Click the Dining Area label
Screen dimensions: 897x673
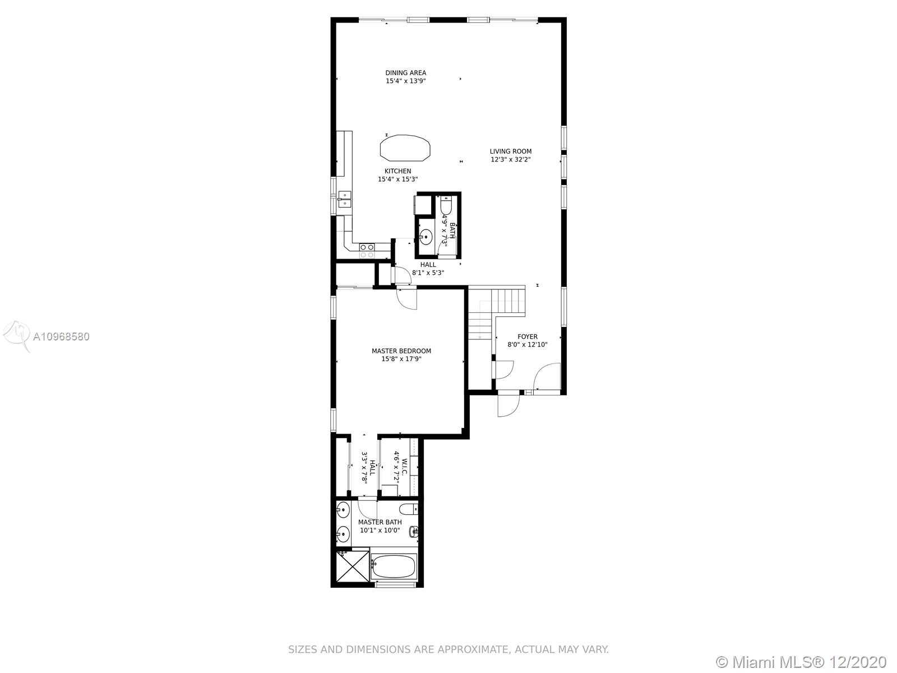(x=405, y=73)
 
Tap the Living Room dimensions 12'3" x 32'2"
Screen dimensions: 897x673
(x=510, y=159)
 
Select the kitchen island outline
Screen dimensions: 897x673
(x=405, y=148)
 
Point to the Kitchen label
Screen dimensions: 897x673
(x=397, y=171)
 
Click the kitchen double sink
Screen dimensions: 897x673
(x=345, y=199)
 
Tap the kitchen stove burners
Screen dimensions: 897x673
(x=367, y=251)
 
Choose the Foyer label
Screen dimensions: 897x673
(x=527, y=336)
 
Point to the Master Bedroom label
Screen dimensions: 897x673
(x=401, y=351)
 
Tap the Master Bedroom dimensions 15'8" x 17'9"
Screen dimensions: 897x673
(x=401, y=359)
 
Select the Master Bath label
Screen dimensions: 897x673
(x=380, y=522)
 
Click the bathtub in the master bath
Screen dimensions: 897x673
(x=394, y=567)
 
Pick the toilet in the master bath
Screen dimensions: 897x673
(x=409, y=509)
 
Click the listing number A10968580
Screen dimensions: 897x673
(x=61, y=336)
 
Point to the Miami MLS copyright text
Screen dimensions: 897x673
(x=802, y=662)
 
